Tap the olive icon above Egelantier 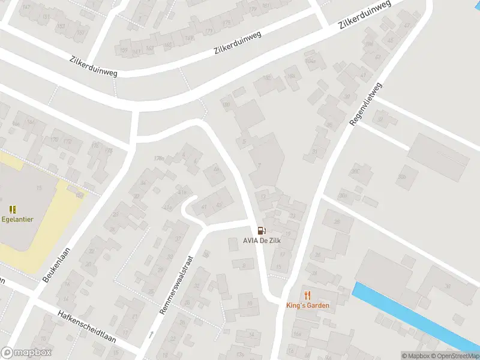[13, 209]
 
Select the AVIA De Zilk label [262, 241]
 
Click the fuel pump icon [261, 230]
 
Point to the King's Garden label [307, 305]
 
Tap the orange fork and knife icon [308, 295]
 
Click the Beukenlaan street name [57, 265]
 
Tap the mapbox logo [26, 352]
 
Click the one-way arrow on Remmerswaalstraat [151, 334]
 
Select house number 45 [220, 206]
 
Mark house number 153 [61, 26]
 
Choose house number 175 [226, 23]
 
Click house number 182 [266, 78]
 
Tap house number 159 [124, 49]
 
